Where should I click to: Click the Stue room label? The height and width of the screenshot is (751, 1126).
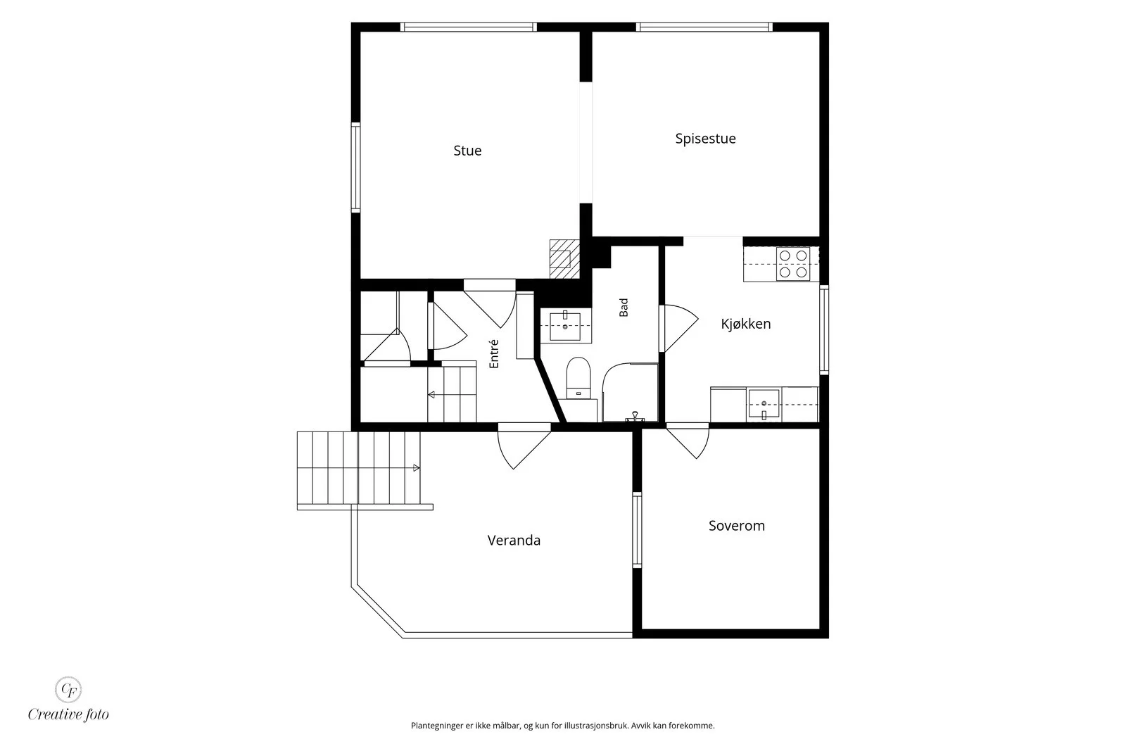pyautogui.click(x=467, y=151)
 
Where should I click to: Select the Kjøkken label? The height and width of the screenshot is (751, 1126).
pyautogui.click(x=745, y=324)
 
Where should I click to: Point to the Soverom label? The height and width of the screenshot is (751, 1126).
pyautogui.click(x=736, y=526)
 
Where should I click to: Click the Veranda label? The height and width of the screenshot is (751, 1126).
pyautogui.click(x=514, y=541)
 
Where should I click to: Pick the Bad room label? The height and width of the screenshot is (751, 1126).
pyautogui.click(x=624, y=308)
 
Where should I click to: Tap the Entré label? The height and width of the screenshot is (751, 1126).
pyautogui.click(x=494, y=354)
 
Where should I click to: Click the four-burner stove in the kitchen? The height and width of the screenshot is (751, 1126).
pyautogui.click(x=792, y=264)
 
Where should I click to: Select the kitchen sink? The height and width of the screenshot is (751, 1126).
pyautogui.click(x=764, y=404)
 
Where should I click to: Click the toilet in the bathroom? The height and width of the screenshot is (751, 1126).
pyautogui.click(x=578, y=378)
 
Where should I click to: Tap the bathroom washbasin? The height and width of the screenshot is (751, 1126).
pyautogui.click(x=566, y=327)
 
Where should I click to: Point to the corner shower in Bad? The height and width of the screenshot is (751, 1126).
pyautogui.click(x=631, y=392)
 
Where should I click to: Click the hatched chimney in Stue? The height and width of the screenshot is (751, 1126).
pyautogui.click(x=564, y=259)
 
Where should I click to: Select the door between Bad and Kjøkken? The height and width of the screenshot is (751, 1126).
pyautogui.click(x=678, y=328)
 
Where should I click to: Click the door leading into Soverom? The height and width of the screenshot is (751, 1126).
pyautogui.click(x=688, y=441)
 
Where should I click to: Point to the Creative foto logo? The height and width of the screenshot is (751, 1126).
pyautogui.click(x=68, y=699)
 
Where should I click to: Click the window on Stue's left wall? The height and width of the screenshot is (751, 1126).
pyautogui.click(x=355, y=168)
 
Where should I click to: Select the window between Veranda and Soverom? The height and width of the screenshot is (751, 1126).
pyautogui.click(x=637, y=530)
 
